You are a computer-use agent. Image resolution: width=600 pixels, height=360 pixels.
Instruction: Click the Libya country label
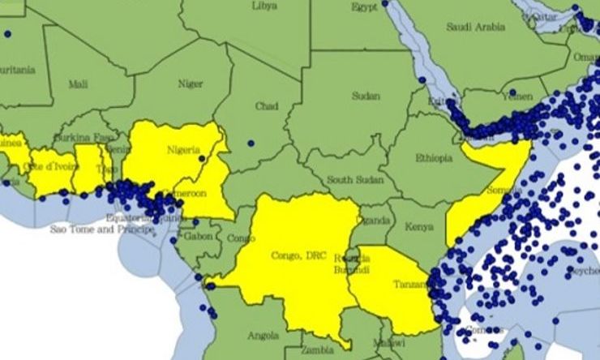pos(264,6)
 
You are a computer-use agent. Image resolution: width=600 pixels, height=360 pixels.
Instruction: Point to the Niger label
pos(190,83)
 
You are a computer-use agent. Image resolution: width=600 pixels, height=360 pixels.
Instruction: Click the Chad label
pos(267,106)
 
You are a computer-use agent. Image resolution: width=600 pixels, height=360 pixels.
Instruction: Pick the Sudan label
pos(366,96)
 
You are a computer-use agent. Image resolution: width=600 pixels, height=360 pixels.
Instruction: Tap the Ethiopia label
pos(433,158)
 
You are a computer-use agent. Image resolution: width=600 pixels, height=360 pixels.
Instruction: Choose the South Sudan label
pos(354,179)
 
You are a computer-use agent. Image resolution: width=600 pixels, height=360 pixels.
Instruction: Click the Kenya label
pos(418,228)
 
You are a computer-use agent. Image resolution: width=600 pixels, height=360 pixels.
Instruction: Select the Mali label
pos(79,84)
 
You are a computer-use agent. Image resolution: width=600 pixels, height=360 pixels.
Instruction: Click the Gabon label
pos(199,236)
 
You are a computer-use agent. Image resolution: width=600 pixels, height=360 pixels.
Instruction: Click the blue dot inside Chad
pos(251,144)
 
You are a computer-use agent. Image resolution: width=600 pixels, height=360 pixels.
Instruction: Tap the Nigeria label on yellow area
pos(183,150)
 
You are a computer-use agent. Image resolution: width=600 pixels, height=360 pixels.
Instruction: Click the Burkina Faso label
pos(84,138)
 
